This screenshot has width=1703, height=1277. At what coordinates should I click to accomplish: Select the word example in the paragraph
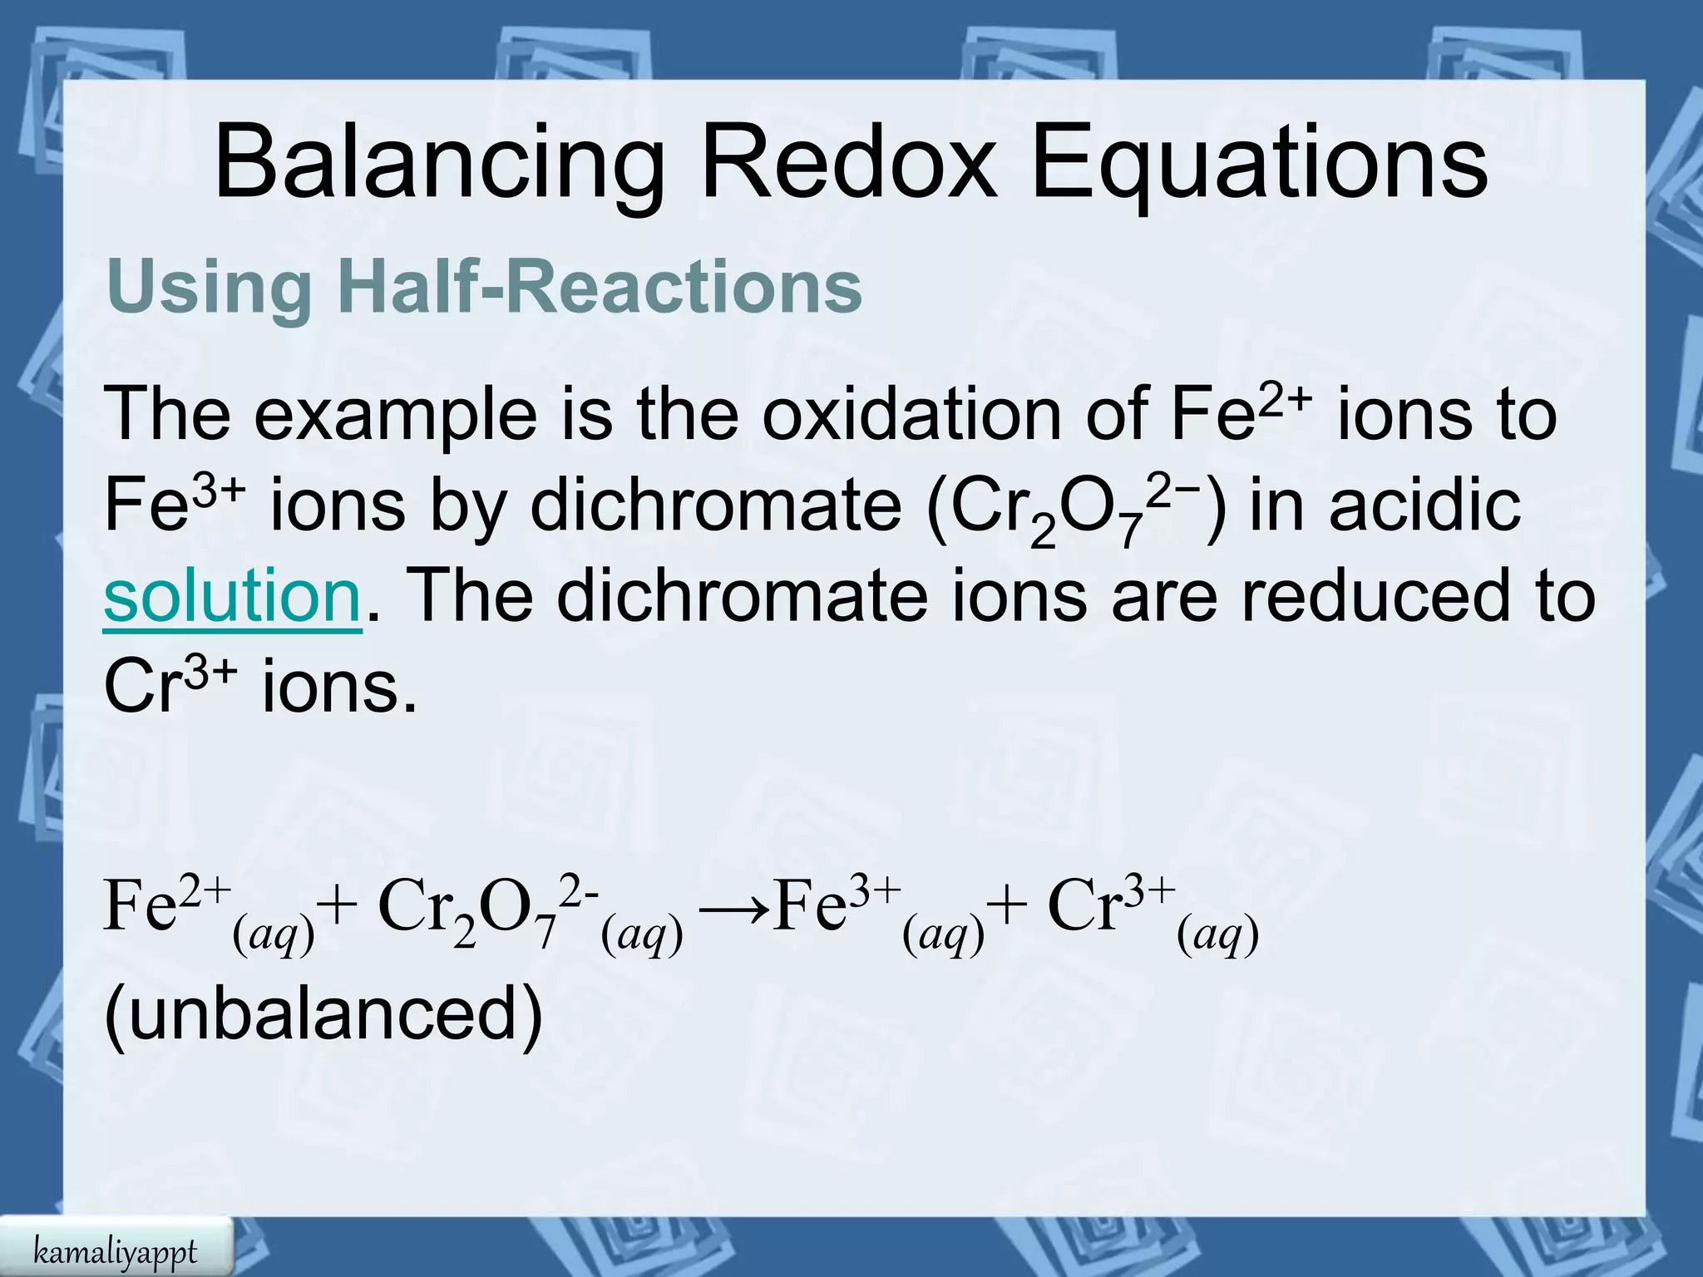click(395, 415)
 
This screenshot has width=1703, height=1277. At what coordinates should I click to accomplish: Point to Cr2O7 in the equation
click(466, 910)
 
